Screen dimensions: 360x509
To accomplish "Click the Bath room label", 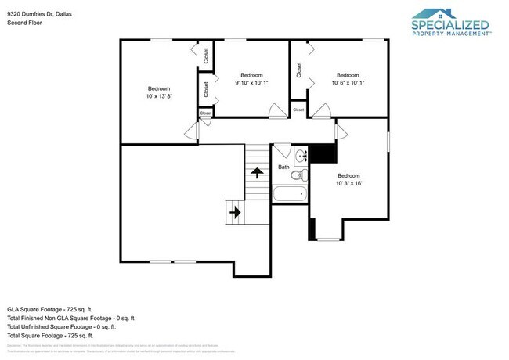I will (283, 167).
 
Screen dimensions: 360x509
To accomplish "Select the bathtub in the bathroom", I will (290, 193).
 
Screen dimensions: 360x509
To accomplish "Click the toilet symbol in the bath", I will (280, 153).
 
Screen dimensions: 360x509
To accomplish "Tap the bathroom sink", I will (301, 155).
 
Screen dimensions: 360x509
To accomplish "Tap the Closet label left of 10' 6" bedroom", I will (298, 70).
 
